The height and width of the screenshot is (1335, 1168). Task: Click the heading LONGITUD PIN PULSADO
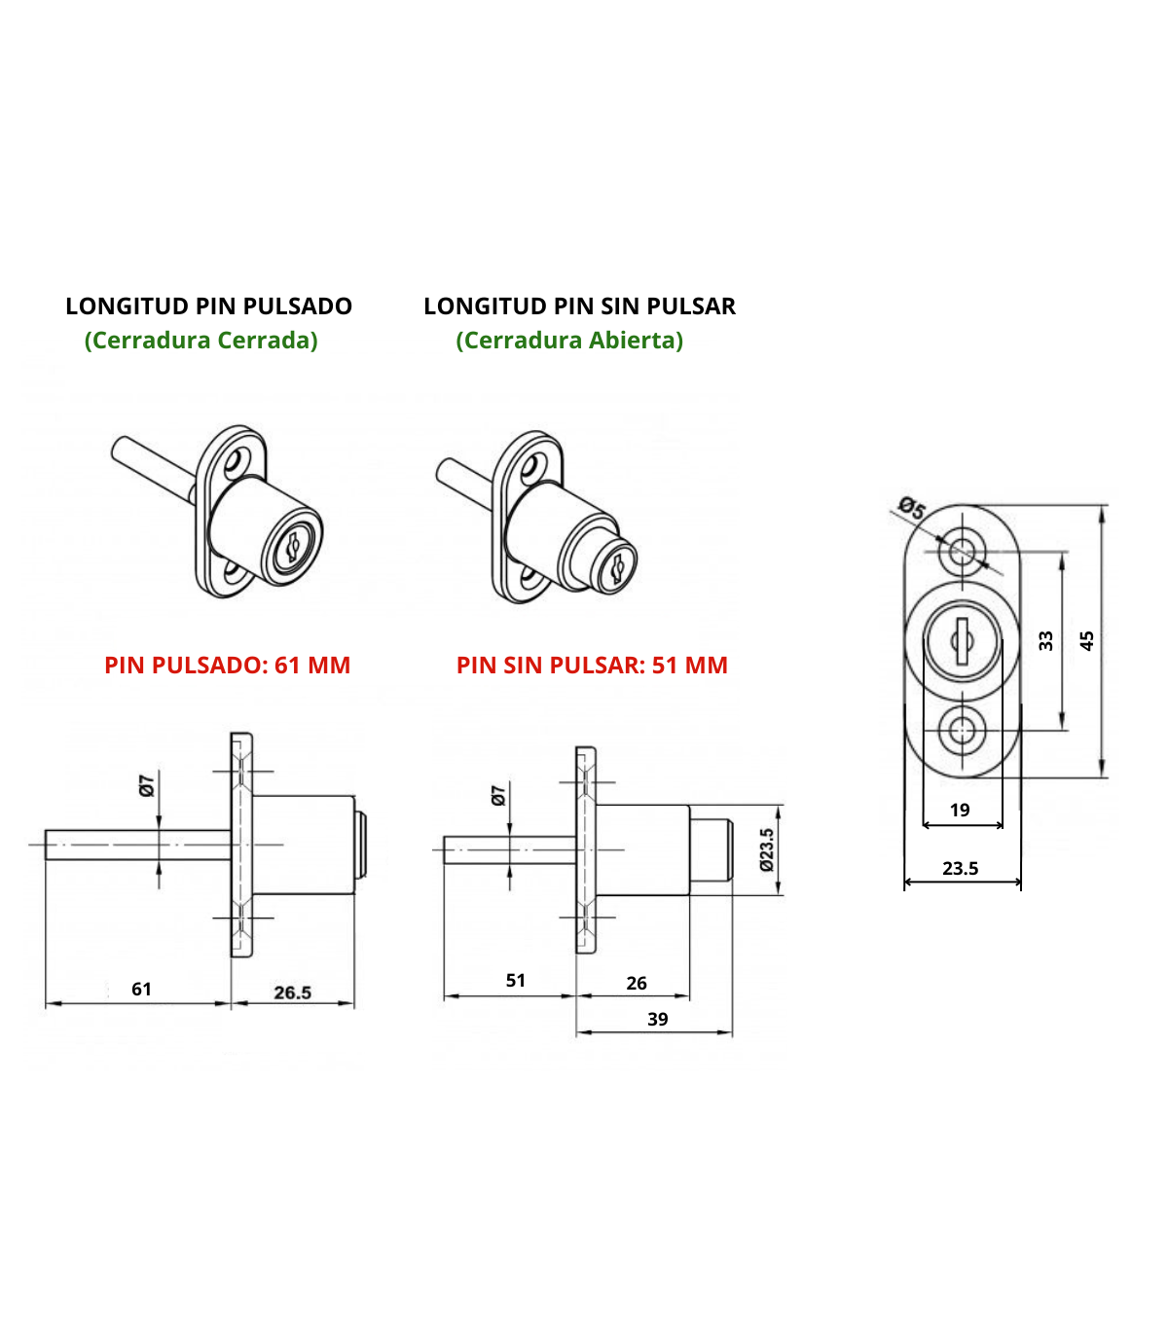click(x=208, y=307)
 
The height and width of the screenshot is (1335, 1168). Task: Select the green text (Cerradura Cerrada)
click(x=201, y=341)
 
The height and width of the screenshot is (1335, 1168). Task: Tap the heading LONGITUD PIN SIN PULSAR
click(x=579, y=307)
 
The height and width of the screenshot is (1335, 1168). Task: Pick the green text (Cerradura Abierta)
click(x=569, y=341)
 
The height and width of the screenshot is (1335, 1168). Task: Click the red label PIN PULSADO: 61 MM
click(x=227, y=666)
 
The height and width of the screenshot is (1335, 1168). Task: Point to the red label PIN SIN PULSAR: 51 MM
click(x=592, y=666)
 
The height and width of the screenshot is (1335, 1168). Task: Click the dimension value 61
click(x=141, y=990)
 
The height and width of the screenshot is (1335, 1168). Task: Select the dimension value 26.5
click(x=292, y=992)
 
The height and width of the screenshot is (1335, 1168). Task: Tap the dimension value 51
click(x=516, y=981)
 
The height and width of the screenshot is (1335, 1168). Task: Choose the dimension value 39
click(x=658, y=1020)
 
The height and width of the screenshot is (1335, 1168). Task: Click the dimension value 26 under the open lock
click(x=637, y=984)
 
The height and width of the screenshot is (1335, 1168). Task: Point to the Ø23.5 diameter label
click(x=767, y=849)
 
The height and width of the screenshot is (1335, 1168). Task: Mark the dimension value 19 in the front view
click(x=960, y=811)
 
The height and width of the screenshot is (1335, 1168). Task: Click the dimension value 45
click(x=1087, y=641)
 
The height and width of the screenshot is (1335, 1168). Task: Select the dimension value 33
click(x=1046, y=641)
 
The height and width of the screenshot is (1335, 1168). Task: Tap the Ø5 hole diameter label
click(x=912, y=508)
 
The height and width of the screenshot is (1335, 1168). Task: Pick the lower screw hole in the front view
click(x=962, y=730)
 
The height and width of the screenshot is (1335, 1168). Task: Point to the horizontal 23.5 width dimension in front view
click(x=961, y=869)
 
